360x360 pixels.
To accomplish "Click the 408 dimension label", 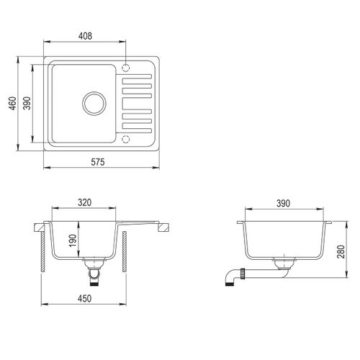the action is coord(85,36).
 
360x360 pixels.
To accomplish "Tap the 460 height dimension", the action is coord(12,103).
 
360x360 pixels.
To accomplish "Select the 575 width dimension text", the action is coord(98,162).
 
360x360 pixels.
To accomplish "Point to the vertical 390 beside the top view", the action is coord(27,103).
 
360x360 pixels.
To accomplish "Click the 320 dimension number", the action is coord(84,202).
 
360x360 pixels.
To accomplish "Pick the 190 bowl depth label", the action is coord(72,240).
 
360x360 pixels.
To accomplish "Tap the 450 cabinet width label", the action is coord(84,299).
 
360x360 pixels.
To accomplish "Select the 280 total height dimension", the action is coord(341,251).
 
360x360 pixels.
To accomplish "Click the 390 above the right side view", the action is coord(283,203).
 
